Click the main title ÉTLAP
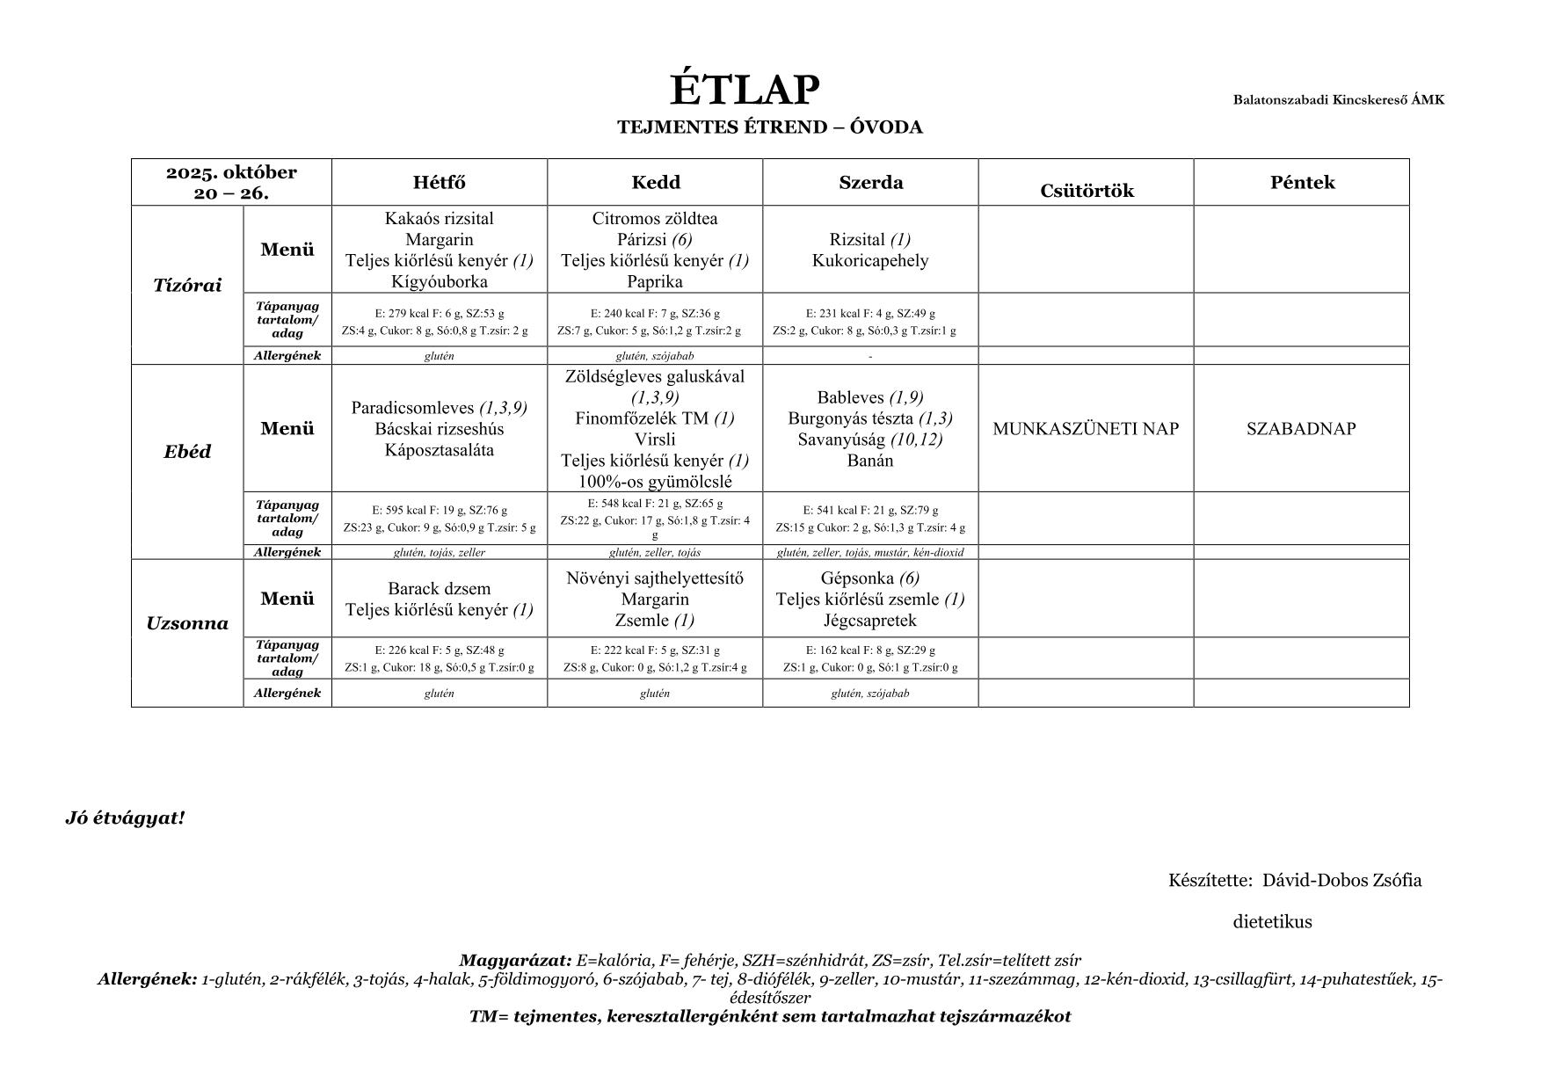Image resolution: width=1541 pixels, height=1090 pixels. click(745, 90)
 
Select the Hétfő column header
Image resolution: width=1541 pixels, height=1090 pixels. click(439, 183)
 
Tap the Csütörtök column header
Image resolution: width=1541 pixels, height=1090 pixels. click(1087, 191)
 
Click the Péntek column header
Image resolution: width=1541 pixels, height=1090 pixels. click(1302, 183)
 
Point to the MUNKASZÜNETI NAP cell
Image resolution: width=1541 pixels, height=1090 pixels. click(1086, 429)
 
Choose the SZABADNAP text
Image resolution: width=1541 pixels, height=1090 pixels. click(1301, 429)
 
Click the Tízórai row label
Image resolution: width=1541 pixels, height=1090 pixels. click(187, 286)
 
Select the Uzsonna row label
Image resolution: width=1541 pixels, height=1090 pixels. click(187, 624)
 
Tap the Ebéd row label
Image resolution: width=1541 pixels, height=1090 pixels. click(187, 452)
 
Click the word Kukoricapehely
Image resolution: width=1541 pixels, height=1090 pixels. click(870, 261)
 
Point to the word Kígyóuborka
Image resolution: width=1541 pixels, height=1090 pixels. click(439, 282)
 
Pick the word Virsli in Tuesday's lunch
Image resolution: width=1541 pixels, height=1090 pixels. click(655, 440)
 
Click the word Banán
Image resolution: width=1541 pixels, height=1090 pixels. click(870, 461)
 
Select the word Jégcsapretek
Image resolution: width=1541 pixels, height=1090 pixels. click(870, 621)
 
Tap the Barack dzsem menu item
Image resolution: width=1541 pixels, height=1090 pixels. click(439, 589)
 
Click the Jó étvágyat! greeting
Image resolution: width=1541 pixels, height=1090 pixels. click(125, 818)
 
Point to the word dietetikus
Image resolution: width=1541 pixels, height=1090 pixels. click(1272, 922)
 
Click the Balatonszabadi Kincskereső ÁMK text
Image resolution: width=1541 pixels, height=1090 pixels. click(1338, 99)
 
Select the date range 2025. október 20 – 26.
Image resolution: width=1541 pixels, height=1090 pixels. click(231, 183)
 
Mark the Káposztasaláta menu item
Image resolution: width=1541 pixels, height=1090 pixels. click(439, 451)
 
